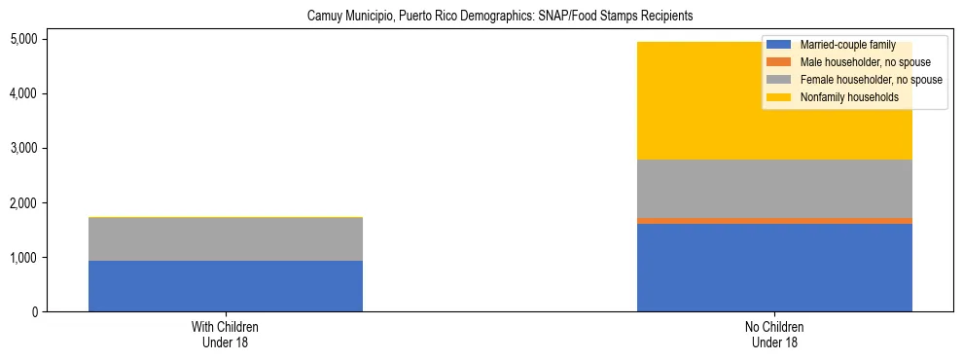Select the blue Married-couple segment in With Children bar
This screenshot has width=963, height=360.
click(x=226, y=286)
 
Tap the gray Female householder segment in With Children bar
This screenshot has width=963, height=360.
click(x=226, y=239)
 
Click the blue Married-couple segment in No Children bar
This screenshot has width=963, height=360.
click(x=774, y=268)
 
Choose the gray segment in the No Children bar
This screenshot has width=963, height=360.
click(x=774, y=189)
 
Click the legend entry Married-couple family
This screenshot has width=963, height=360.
click(x=841, y=45)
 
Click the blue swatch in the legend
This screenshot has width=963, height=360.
click(x=779, y=45)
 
